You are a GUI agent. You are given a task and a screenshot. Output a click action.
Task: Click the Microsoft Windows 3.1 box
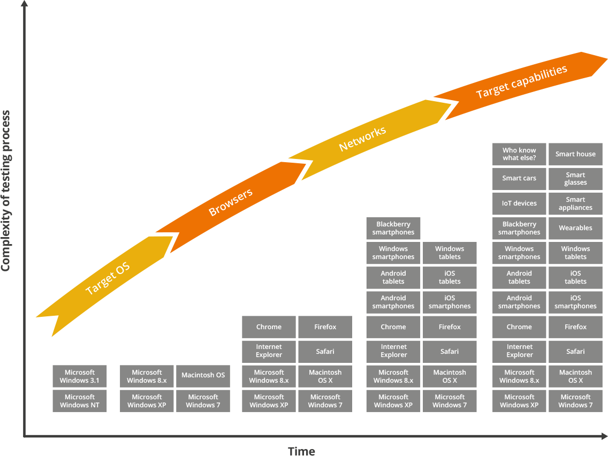click(x=80, y=376)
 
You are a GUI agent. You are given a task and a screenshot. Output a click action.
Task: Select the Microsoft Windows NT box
click(x=80, y=401)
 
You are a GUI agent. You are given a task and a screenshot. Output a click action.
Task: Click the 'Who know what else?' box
click(x=519, y=154)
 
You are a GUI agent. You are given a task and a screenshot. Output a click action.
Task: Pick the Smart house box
click(x=575, y=154)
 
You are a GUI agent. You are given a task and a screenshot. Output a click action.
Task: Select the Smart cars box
click(x=519, y=179)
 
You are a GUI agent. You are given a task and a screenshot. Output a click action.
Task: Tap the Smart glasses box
click(x=575, y=179)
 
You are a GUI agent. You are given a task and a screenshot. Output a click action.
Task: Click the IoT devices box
click(x=519, y=203)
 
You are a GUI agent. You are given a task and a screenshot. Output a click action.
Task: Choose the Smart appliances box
click(x=575, y=203)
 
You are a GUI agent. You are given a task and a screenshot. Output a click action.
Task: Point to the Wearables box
click(x=575, y=228)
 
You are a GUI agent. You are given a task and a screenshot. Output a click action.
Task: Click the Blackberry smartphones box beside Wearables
click(x=519, y=228)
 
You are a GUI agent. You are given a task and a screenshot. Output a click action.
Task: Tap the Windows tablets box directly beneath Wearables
click(x=575, y=253)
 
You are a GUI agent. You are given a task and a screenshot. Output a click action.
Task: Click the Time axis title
click(x=301, y=451)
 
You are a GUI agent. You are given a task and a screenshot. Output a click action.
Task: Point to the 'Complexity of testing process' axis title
click(x=5, y=191)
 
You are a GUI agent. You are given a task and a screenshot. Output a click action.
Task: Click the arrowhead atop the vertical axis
click(x=24, y=4)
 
